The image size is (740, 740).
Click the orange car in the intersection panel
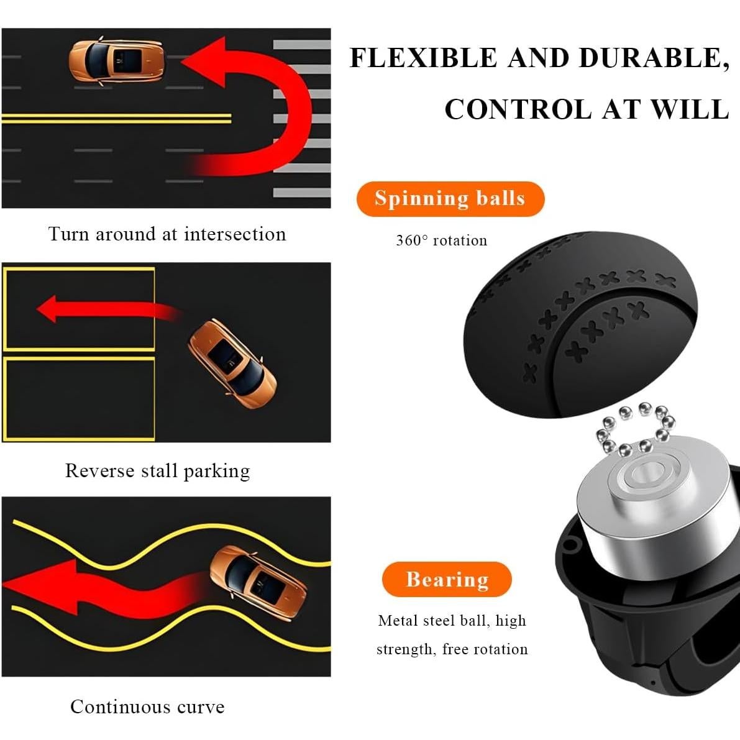pos(117,62)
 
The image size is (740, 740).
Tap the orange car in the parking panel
pos(232,364)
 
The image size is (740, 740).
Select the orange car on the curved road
pos(258,583)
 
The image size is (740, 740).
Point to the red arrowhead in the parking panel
pos(48,308)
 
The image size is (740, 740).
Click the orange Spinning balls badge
pos(450,199)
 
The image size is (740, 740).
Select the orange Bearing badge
pos(447,579)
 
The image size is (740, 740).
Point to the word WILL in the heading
pos(690,110)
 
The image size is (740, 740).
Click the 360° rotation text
pos(441,240)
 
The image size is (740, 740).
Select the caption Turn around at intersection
pos(167,234)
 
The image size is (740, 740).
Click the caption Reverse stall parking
pos(158,470)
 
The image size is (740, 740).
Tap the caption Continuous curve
pos(147,706)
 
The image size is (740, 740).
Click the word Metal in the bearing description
pos(398,621)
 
